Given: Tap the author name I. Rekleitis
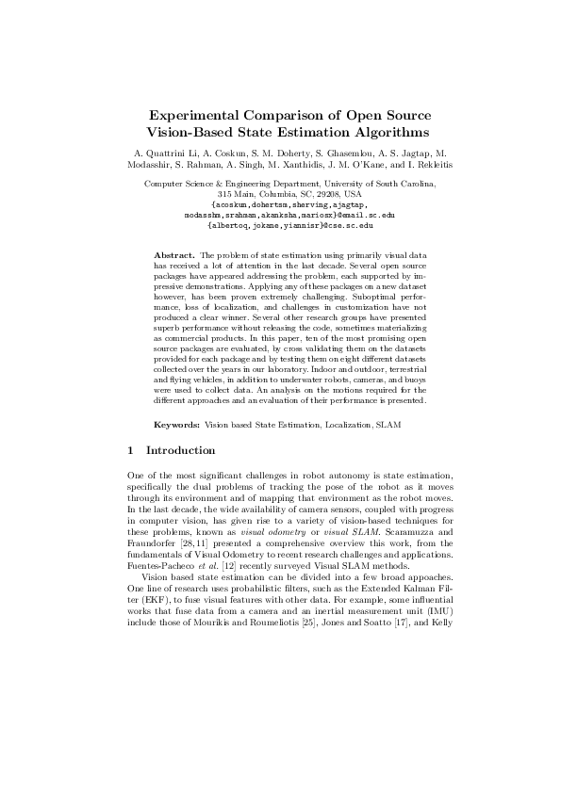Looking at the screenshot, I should pyautogui.click(x=412, y=163).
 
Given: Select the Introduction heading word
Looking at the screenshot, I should pyautogui.click(x=181, y=477).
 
